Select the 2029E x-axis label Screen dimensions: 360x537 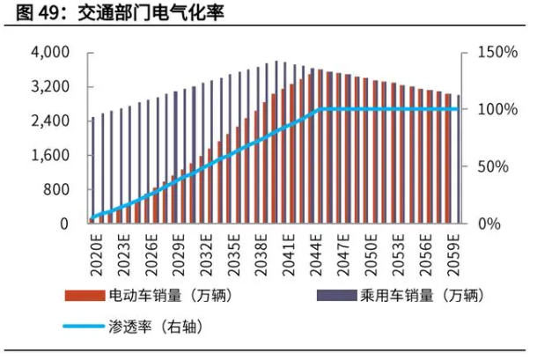[178, 250]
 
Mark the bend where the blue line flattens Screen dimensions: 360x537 [317, 110]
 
